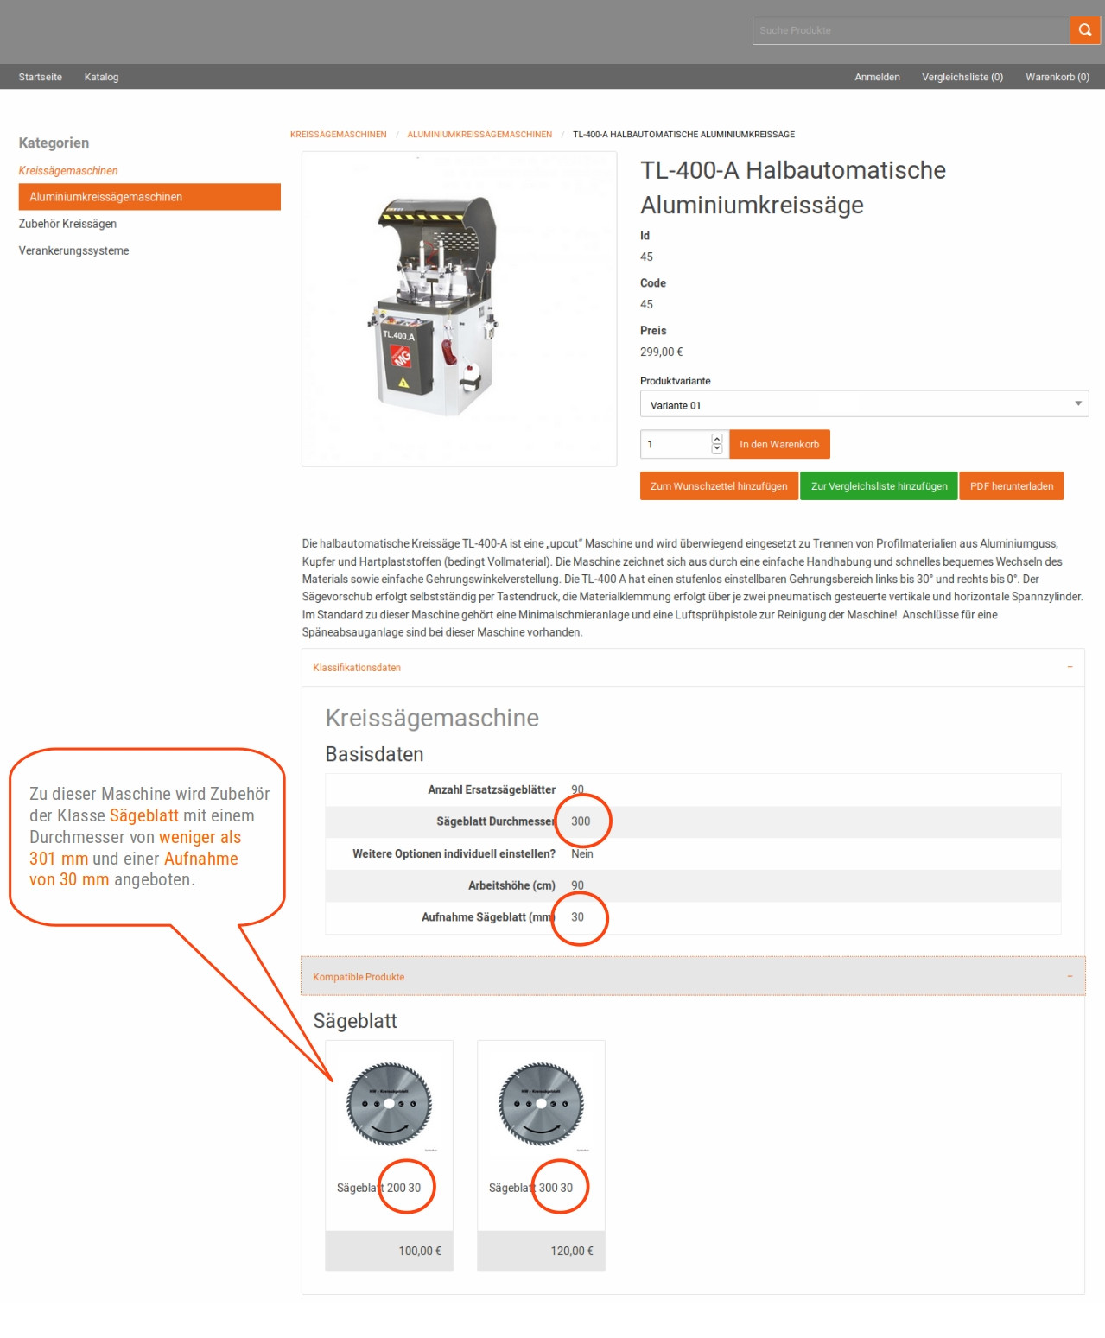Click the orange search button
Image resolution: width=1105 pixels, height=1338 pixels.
pyautogui.click(x=1084, y=30)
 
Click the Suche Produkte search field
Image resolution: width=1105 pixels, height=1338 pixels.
pyautogui.click(x=910, y=30)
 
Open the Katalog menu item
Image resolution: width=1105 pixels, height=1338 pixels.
pyautogui.click(x=101, y=77)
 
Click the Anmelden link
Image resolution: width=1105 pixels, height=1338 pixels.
pyautogui.click(x=877, y=77)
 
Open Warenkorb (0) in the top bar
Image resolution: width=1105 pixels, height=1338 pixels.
pyautogui.click(x=1057, y=77)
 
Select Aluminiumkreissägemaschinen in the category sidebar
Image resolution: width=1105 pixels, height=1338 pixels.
pyautogui.click(x=149, y=197)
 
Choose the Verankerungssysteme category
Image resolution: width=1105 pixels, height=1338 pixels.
pyautogui.click(x=73, y=250)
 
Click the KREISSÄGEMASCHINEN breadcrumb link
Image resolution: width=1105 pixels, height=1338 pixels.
pyautogui.click(x=338, y=135)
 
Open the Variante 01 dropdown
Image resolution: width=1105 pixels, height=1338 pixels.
pyautogui.click(x=863, y=404)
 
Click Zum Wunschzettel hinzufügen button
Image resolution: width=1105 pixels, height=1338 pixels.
pyautogui.click(x=718, y=486)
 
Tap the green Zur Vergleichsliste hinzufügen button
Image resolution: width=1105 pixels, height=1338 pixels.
pyautogui.click(x=879, y=486)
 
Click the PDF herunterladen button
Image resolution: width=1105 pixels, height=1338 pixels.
pyautogui.click(x=1011, y=486)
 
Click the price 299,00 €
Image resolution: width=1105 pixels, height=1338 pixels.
pyautogui.click(x=661, y=352)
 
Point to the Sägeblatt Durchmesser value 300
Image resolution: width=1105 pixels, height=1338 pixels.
pyautogui.click(x=581, y=821)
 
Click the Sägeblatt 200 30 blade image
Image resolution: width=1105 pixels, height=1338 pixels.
pyautogui.click(x=389, y=1104)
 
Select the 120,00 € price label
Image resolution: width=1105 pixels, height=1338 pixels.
pyautogui.click(x=571, y=1251)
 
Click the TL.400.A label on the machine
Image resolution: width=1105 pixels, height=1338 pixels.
pyautogui.click(x=398, y=335)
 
